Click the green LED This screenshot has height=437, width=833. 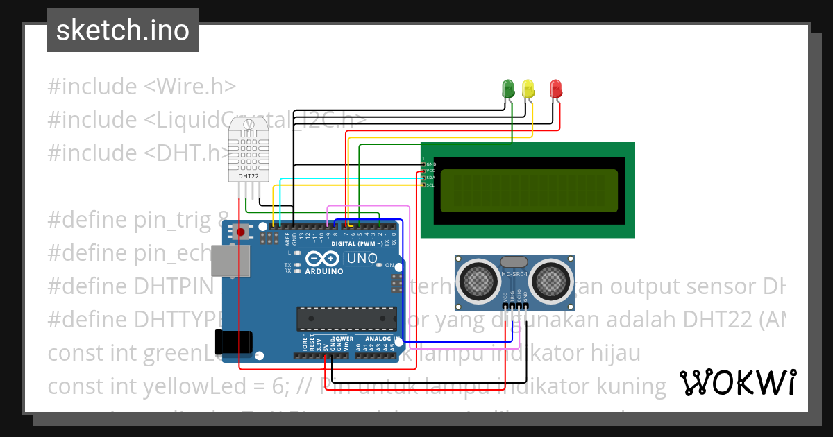[508, 88]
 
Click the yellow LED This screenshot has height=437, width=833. [528, 88]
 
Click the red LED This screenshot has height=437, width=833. [555, 88]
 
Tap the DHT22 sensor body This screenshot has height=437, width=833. [248, 149]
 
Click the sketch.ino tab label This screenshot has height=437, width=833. [122, 31]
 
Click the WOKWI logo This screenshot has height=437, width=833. [738, 382]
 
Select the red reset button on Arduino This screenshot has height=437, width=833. [241, 232]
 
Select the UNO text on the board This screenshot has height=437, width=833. [362, 259]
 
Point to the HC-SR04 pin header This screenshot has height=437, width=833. [514, 306]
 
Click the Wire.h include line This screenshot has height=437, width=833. [142, 87]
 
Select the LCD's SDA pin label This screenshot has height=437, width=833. [430, 178]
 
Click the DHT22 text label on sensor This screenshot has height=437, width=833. [248, 176]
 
